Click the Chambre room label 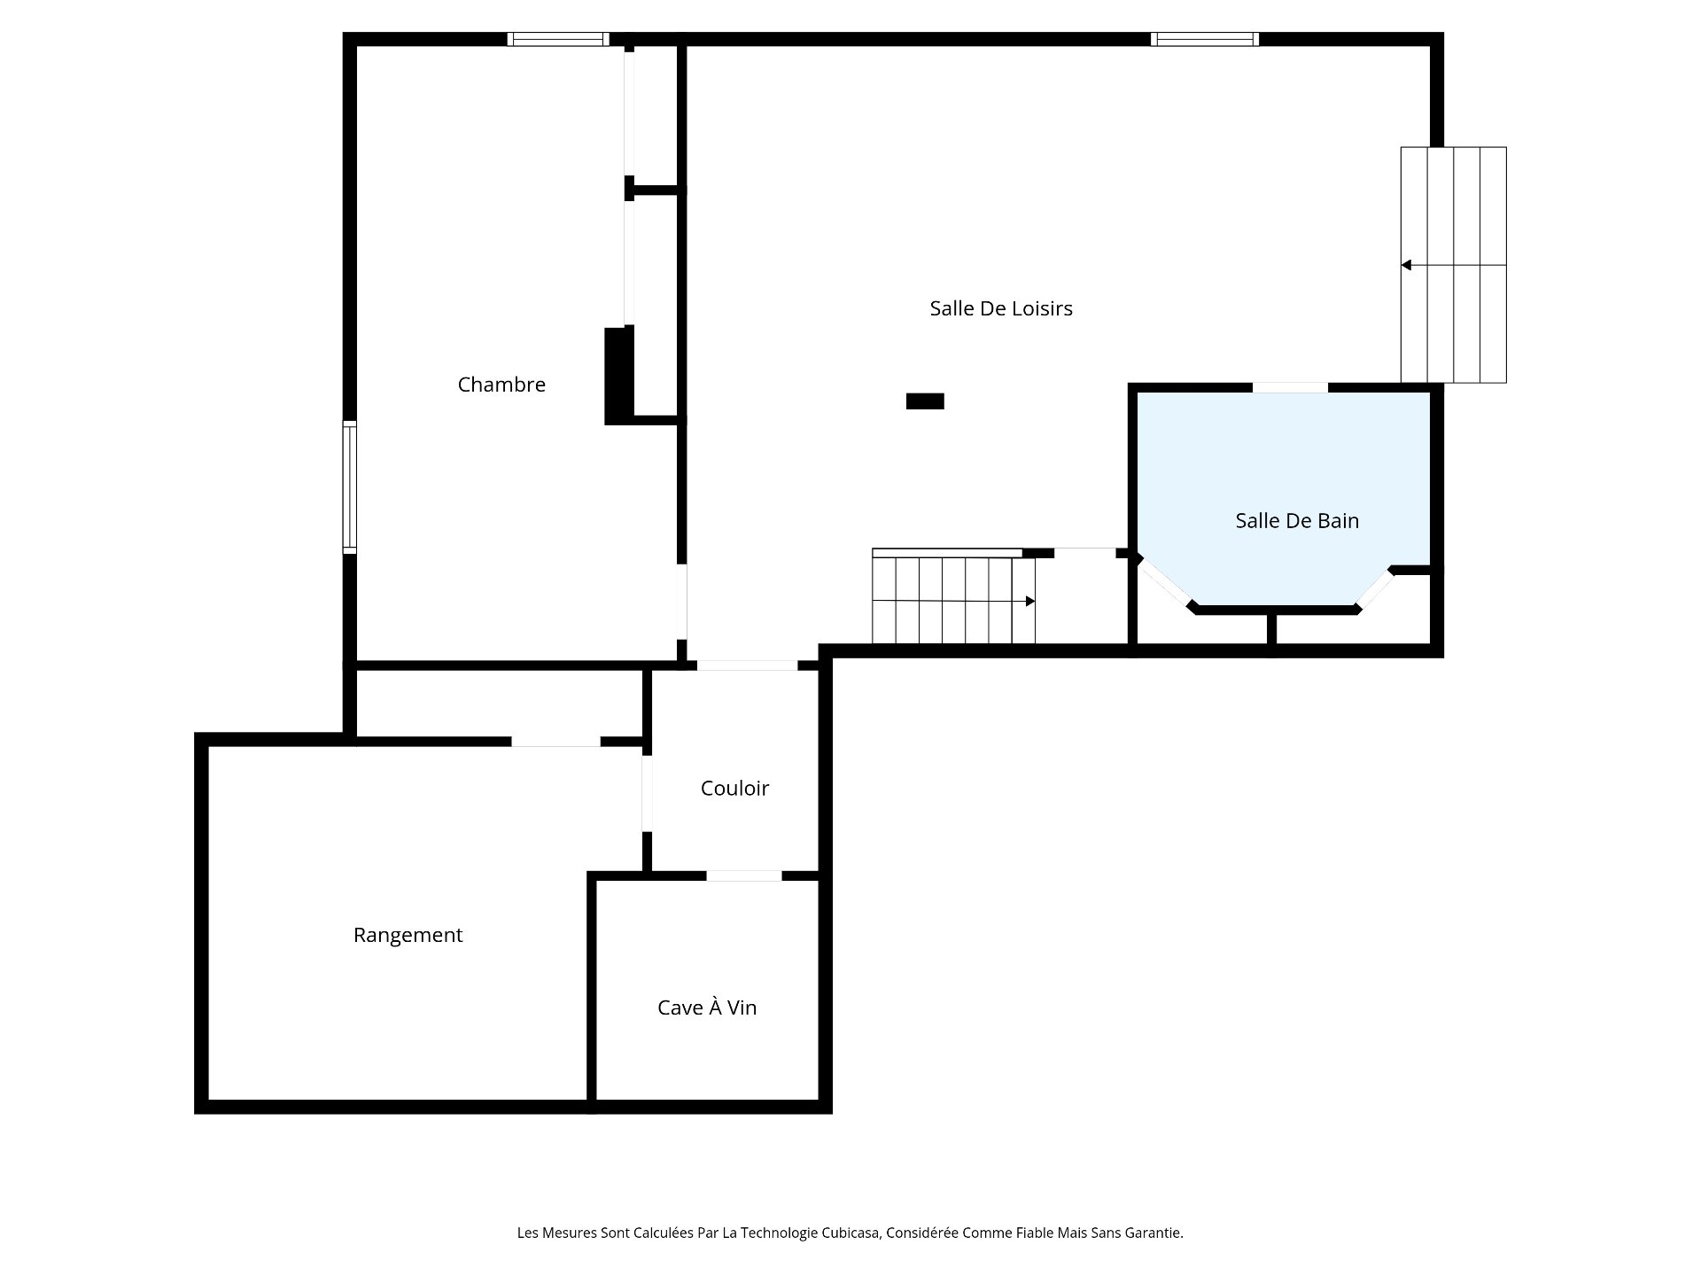pyautogui.click(x=501, y=385)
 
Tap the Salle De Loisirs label pyautogui.click(x=1001, y=308)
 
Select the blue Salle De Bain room pyautogui.click(x=1285, y=478)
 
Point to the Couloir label pyautogui.click(x=734, y=789)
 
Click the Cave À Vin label pyautogui.click(x=707, y=1008)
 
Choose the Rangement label pyautogui.click(x=408, y=935)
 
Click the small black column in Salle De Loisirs pyautogui.click(x=925, y=401)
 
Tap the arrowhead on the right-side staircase pyautogui.click(x=1406, y=265)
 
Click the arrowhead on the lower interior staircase pyautogui.click(x=1030, y=602)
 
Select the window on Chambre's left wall pyautogui.click(x=350, y=487)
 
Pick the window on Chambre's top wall pyautogui.click(x=558, y=39)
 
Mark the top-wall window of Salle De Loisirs pyautogui.click(x=1204, y=39)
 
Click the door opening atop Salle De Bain pyautogui.click(x=1290, y=388)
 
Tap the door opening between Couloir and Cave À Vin pyautogui.click(x=744, y=876)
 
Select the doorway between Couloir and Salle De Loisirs pyautogui.click(x=747, y=665)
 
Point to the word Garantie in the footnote pyautogui.click(x=1153, y=1233)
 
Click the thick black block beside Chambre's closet pyautogui.click(x=618, y=376)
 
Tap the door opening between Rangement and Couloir pyautogui.click(x=647, y=793)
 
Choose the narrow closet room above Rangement pyautogui.click(x=499, y=704)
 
